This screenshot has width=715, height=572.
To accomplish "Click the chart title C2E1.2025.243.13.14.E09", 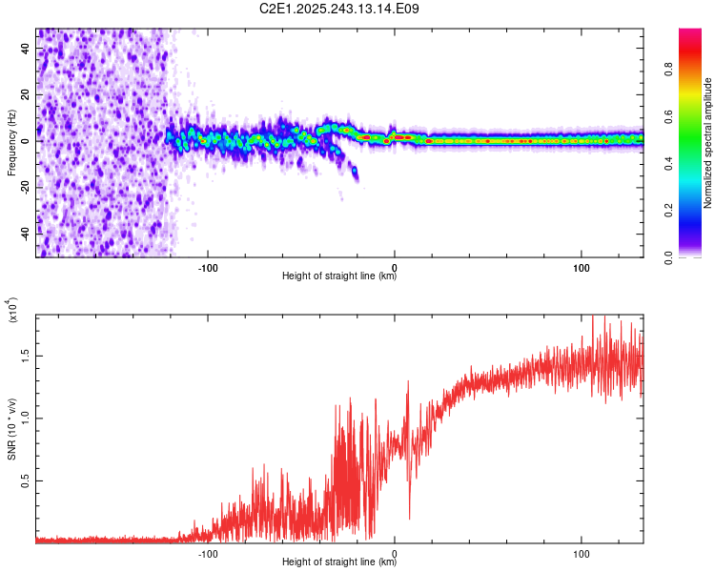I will pos(339,9).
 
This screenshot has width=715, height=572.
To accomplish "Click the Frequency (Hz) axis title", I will pos(12,142).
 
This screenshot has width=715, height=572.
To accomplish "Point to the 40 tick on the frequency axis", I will pos(26,50).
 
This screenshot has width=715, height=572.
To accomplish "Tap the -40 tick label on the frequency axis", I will pos(26,233).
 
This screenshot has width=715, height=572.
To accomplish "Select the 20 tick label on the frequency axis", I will pos(26,95).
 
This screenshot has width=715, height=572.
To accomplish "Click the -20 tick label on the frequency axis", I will pos(26,187).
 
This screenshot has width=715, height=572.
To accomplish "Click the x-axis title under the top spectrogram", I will pos(339,276).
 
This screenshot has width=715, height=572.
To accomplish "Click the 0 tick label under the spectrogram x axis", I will pos(395,266).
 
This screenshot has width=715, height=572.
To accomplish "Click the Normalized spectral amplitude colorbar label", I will pos(708,143).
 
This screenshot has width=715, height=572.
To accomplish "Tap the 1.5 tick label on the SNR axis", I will pos(26,355).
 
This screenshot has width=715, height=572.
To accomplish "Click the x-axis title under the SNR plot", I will pos(339,562).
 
